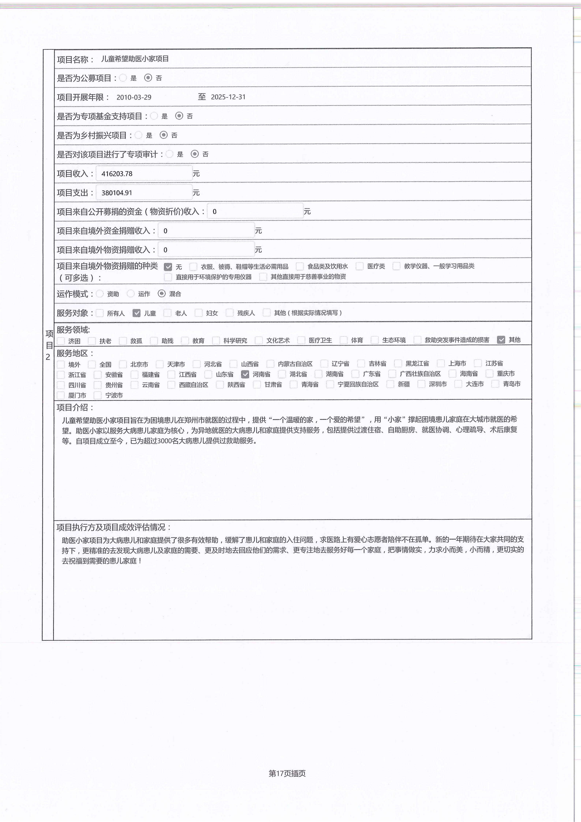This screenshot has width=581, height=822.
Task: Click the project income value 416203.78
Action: pyautogui.click(x=117, y=174)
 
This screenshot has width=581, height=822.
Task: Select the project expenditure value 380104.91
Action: pyautogui.click(x=117, y=193)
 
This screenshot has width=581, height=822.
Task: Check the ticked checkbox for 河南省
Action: pyautogui.click(x=245, y=374)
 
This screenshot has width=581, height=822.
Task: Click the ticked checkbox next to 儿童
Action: pyautogui.click(x=136, y=313)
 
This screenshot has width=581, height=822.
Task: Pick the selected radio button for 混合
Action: pyautogui.click(x=162, y=294)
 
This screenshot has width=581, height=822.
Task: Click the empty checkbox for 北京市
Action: pyautogui.click(x=123, y=364)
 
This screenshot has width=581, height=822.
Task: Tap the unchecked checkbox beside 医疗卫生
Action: pyautogui.click(x=301, y=340)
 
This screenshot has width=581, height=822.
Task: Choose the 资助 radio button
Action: pyautogui.click(x=100, y=294)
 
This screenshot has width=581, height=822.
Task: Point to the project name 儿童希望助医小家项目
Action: pyautogui.click(x=135, y=59)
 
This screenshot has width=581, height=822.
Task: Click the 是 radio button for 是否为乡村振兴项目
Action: pyautogui.click(x=139, y=135)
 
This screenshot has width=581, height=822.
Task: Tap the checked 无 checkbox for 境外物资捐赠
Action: pyautogui.click(x=168, y=267)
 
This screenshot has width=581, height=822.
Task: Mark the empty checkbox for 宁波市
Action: pyautogui.click(x=97, y=395)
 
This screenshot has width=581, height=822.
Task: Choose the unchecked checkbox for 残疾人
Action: pyautogui.click(x=230, y=313)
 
